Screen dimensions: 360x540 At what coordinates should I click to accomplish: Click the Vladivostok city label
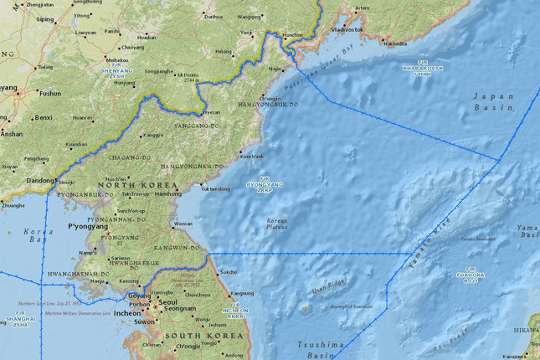(x=347, y=29)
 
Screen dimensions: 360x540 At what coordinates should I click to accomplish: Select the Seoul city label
(x=168, y=301)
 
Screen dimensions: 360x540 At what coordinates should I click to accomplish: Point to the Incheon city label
(x=127, y=313)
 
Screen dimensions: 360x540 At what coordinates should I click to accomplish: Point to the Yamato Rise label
(x=429, y=244)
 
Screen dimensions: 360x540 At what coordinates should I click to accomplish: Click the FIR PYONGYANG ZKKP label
(x=265, y=184)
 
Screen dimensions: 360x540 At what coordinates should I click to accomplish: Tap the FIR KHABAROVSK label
(x=422, y=69)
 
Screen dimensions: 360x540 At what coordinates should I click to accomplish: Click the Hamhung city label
(x=167, y=193)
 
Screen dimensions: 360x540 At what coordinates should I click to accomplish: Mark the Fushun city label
(x=50, y=94)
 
